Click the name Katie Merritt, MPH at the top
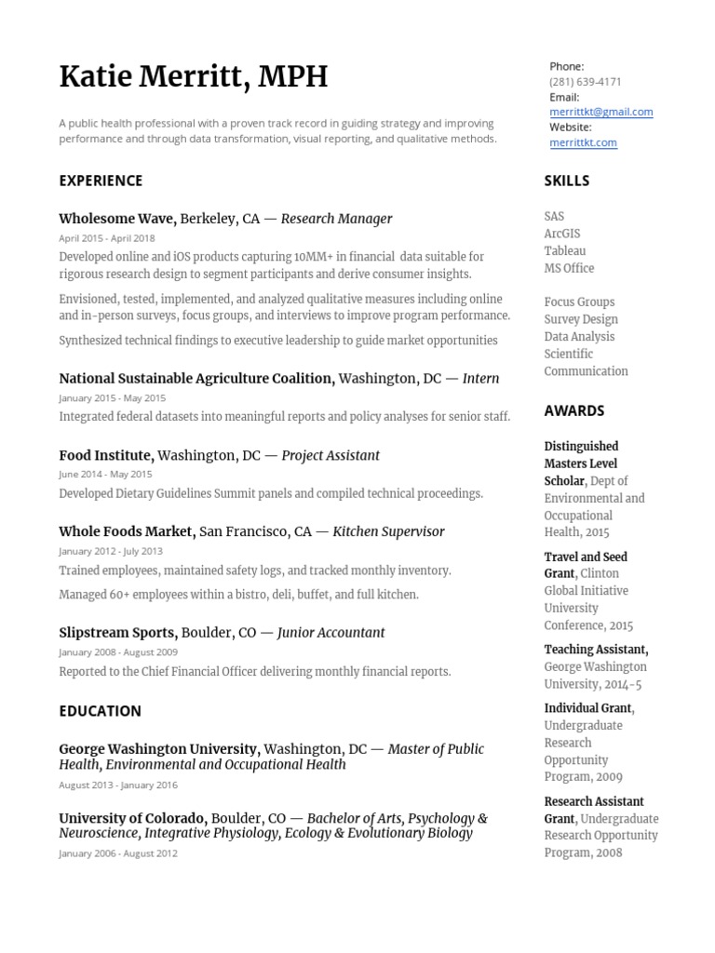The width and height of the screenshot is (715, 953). pyautogui.click(x=193, y=76)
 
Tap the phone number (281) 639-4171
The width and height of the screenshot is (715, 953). pyautogui.click(x=585, y=82)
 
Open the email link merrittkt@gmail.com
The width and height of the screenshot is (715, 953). pyautogui.click(x=600, y=112)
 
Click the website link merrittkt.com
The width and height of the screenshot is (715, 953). pyautogui.click(x=583, y=142)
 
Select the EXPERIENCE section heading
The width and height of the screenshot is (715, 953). pyautogui.click(x=101, y=181)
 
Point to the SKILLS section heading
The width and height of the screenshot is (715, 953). pyautogui.click(x=566, y=181)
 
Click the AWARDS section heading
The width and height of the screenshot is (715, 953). pyautogui.click(x=573, y=410)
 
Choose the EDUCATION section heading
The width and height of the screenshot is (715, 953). pyautogui.click(x=100, y=711)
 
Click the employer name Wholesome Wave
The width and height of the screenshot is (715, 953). pyautogui.click(x=116, y=219)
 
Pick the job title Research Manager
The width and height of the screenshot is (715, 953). pyautogui.click(x=336, y=219)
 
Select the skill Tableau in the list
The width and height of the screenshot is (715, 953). pyautogui.click(x=565, y=251)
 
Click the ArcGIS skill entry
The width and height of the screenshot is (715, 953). pyautogui.click(x=562, y=234)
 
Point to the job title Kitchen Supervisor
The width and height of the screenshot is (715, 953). pyautogui.click(x=388, y=531)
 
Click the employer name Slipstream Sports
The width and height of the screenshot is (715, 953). pyautogui.click(x=116, y=633)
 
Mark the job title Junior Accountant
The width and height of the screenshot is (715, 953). pyautogui.click(x=331, y=633)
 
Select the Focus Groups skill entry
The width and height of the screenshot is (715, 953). pyautogui.click(x=579, y=302)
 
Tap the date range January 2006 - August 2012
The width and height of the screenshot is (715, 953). pyautogui.click(x=117, y=853)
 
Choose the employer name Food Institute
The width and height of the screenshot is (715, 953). pyautogui.click(x=105, y=455)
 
